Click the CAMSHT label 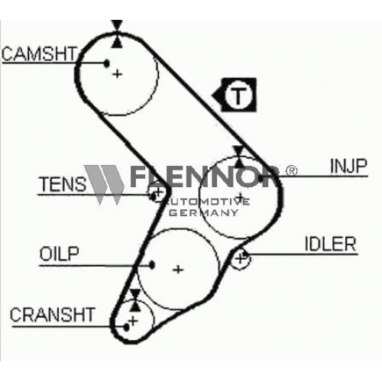[39, 53]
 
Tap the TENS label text [63, 184]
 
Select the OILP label [60, 254]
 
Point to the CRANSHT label [52, 315]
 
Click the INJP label [348, 166]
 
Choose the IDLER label [330, 244]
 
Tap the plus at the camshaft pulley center [118, 74]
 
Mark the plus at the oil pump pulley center [178, 270]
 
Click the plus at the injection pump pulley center [240, 196]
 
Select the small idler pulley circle [241, 259]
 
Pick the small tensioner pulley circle [157, 193]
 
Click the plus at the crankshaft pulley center [133, 321]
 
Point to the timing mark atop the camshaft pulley [117, 34]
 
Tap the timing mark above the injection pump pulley [239, 157]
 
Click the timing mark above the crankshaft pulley [135, 300]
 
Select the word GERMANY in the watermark [203, 212]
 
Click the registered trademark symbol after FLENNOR [292, 170]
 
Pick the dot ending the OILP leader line [152, 265]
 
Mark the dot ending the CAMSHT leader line [107, 63]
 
